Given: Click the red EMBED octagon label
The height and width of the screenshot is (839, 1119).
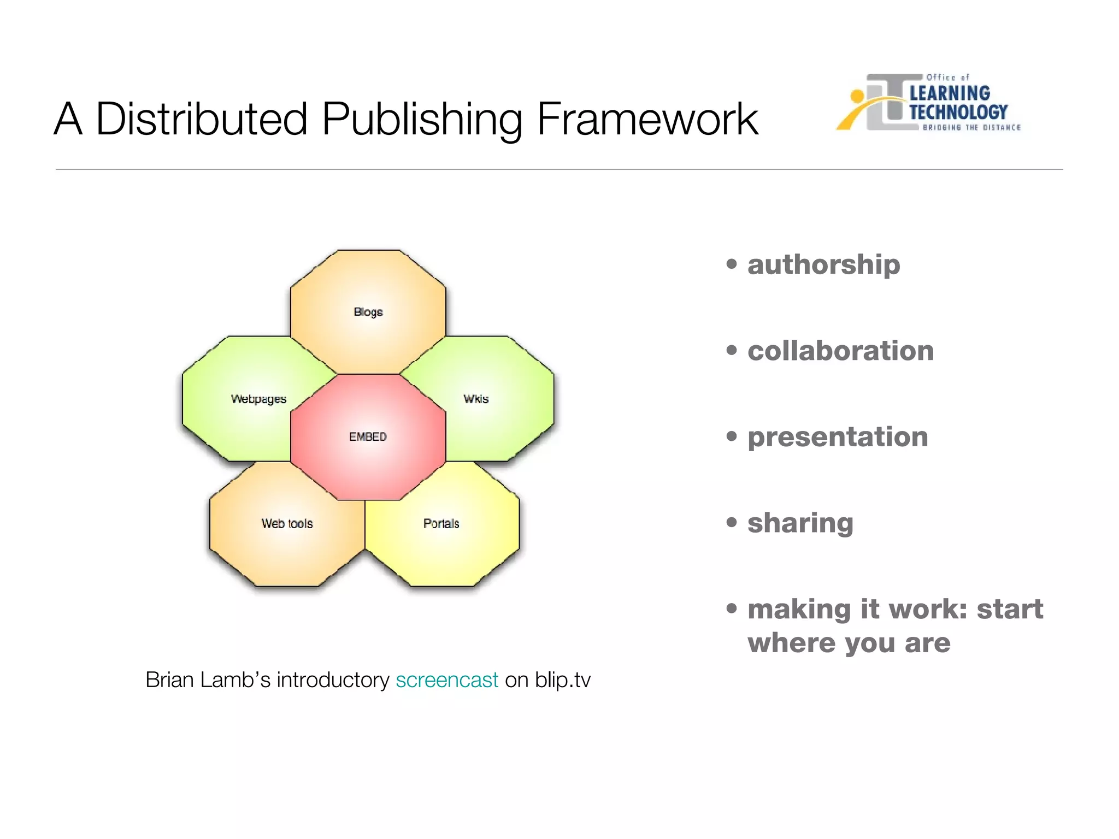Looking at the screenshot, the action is [368, 436].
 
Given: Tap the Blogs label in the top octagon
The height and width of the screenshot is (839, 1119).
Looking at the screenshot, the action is [368, 312].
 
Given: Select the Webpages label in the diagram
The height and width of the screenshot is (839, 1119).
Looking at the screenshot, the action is [258, 399].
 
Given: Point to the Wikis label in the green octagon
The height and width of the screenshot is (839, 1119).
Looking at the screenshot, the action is [476, 399].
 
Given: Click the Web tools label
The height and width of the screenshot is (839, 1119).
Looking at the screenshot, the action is [287, 523].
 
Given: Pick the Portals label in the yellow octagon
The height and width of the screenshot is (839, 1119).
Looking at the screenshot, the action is [441, 523].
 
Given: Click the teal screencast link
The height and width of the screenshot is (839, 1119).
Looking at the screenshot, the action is [447, 680].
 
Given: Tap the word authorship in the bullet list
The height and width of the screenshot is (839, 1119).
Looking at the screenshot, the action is [823, 265].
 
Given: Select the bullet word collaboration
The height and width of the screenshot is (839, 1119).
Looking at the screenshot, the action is [840, 351].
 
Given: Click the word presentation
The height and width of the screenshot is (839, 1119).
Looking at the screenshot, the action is [838, 437].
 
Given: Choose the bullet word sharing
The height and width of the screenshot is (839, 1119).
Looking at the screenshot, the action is [800, 523].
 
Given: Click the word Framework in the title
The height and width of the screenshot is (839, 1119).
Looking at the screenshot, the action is [647, 119].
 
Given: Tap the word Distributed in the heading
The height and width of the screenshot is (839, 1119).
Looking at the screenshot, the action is [202, 119].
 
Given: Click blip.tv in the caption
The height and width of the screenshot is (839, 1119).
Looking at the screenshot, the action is [563, 680].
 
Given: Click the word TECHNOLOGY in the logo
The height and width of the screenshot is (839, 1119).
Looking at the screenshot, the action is [958, 112].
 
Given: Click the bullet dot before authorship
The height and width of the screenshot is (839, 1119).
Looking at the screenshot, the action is [732, 264].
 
